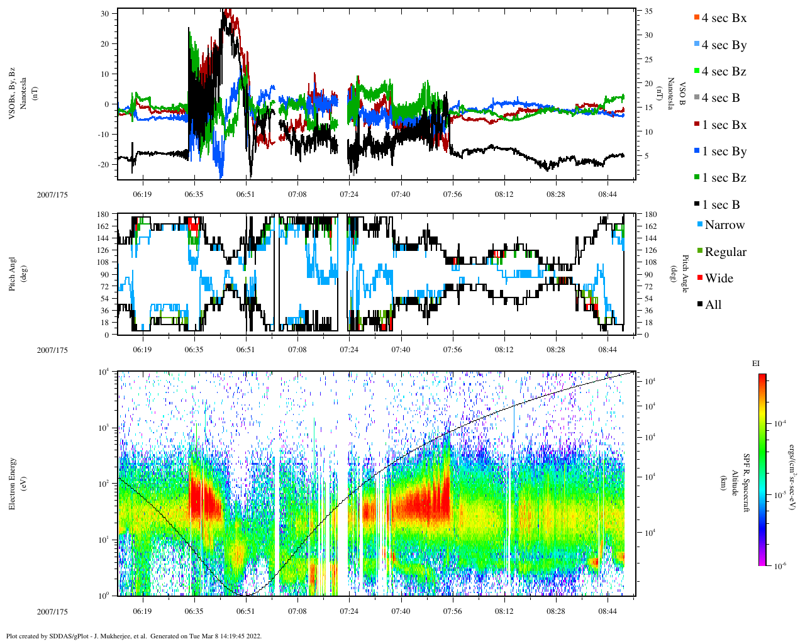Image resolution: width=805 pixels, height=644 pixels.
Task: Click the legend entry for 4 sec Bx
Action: click(x=723, y=18)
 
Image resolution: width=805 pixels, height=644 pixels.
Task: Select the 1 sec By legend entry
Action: click(x=723, y=152)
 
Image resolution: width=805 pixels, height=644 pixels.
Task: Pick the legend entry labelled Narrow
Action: click(x=724, y=225)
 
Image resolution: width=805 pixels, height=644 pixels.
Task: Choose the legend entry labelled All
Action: click(x=713, y=305)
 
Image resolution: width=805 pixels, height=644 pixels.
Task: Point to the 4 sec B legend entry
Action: click(x=720, y=98)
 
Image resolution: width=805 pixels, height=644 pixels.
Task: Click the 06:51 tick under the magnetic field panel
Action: click(x=245, y=194)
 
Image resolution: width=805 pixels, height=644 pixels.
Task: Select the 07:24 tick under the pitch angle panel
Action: click(x=349, y=350)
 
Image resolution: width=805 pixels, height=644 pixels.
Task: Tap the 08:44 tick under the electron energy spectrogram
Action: click(x=607, y=611)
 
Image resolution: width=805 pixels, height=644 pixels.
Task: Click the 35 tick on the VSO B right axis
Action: click(x=648, y=11)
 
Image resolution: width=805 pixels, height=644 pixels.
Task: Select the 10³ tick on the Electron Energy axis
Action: click(x=104, y=428)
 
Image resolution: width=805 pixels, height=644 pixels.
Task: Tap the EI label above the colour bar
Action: click(x=756, y=364)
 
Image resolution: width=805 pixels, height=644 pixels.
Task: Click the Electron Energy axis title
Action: click(x=13, y=483)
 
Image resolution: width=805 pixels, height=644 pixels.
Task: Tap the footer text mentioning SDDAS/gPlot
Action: click(x=134, y=636)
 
